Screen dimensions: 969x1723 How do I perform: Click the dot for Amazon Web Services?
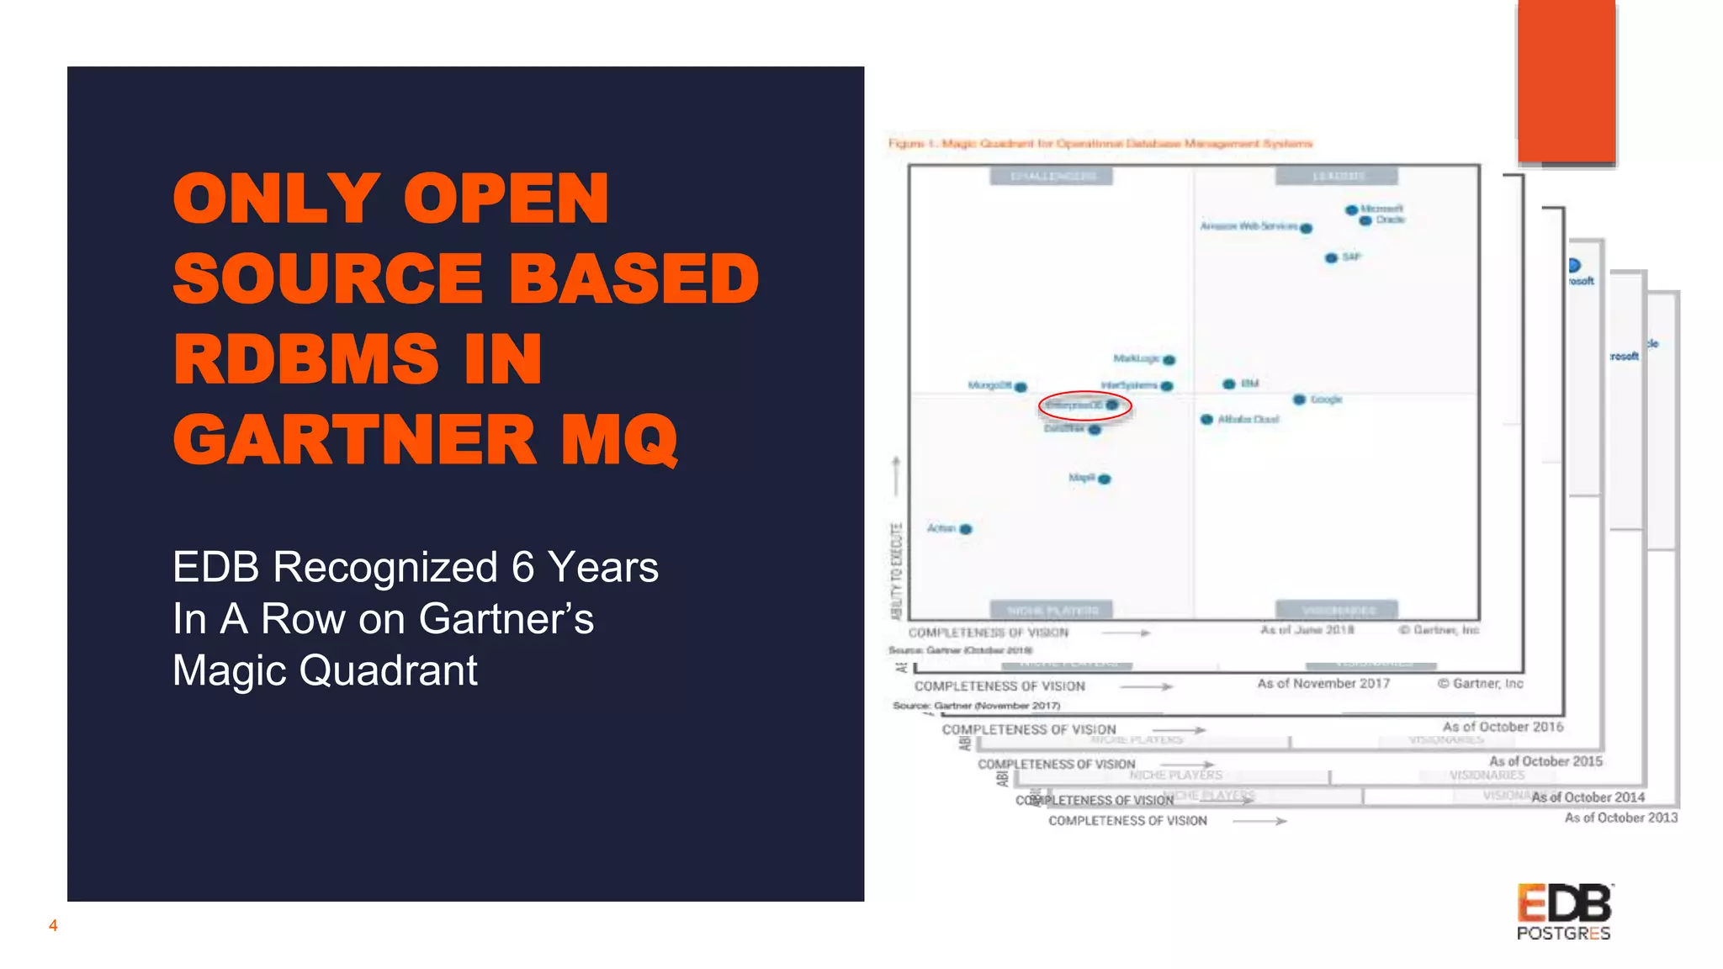1306,228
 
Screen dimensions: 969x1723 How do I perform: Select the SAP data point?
1331,258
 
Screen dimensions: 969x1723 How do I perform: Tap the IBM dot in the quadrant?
1229,384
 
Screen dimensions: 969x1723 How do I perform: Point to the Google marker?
1299,400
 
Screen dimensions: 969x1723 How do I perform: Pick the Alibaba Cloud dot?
1206,419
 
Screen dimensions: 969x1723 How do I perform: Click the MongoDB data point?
1021,387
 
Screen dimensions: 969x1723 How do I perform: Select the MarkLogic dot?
1169,360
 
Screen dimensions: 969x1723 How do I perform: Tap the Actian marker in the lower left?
966,529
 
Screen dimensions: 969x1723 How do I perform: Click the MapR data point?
1105,479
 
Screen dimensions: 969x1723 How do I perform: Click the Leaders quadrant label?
1337,177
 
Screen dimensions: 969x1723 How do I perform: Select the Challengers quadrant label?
1052,177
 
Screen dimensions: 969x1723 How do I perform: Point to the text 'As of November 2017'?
1323,684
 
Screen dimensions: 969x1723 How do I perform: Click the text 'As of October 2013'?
1620,818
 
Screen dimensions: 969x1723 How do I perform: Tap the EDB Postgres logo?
1564,912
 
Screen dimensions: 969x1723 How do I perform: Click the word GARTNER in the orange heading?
354,440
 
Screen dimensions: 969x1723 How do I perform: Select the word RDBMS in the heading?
306,359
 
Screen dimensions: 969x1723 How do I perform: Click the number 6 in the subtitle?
522,567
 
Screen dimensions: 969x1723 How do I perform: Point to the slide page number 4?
53,926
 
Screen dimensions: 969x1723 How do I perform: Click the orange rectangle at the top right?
1567,82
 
